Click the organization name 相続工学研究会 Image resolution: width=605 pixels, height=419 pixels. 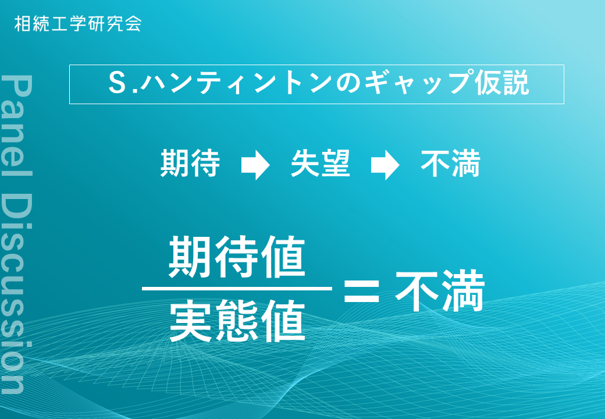click(78, 23)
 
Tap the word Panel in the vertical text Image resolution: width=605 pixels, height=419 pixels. click(17, 125)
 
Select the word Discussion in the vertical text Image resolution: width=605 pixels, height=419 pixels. click(17, 293)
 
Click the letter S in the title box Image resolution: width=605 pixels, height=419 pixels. click(116, 83)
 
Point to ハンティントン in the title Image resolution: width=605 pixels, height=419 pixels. click(237, 84)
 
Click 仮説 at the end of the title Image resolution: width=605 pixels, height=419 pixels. click(501, 83)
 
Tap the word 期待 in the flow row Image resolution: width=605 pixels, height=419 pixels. click(190, 164)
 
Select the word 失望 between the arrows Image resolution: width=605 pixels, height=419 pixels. click(321, 164)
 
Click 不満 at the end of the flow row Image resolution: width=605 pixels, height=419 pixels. click(450, 164)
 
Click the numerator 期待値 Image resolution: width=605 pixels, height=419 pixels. click(237, 257)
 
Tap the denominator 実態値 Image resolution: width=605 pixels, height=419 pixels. click(237, 321)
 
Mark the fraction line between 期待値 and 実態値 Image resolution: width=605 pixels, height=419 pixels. click(237, 289)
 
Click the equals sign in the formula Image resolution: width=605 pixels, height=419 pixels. click(361, 290)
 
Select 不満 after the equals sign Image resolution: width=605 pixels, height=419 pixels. click(440, 290)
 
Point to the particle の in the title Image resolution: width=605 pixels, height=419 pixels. click(348, 84)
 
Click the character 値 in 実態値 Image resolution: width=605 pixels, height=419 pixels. click(284, 321)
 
